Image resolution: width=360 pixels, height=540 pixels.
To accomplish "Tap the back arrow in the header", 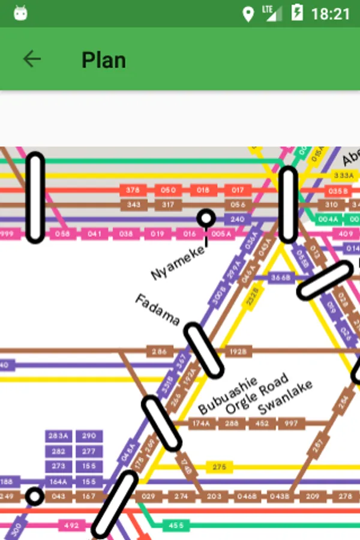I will (x=32, y=59).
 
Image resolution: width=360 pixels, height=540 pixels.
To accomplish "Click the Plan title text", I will (x=104, y=60).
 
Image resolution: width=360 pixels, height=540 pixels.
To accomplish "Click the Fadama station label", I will (x=157, y=308).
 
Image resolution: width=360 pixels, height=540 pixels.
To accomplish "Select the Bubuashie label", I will (x=227, y=395).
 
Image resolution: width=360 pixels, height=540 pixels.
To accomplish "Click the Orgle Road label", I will (x=257, y=394).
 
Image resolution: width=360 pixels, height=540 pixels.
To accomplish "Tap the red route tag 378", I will (x=133, y=190).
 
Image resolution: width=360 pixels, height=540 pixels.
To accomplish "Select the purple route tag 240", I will (x=238, y=220).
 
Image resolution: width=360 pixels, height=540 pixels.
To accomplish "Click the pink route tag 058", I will (x=62, y=234).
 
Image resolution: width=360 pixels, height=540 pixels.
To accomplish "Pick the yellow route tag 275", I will (x=219, y=467).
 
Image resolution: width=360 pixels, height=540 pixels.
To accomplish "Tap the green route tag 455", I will (x=176, y=526).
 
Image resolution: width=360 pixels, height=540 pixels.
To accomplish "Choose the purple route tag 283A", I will (x=58, y=436).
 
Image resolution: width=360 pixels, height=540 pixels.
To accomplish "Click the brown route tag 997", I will (x=291, y=424).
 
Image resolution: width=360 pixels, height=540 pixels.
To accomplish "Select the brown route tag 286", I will (x=159, y=352).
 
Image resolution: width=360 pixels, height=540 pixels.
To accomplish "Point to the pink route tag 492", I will (x=71, y=526).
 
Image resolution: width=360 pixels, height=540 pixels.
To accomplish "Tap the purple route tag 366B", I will (x=280, y=277).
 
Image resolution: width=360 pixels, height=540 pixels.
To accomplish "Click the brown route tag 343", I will (x=133, y=205).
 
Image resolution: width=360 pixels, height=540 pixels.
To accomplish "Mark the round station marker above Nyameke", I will (x=206, y=218).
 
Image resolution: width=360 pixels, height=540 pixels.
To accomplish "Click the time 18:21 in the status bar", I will (x=330, y=13).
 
